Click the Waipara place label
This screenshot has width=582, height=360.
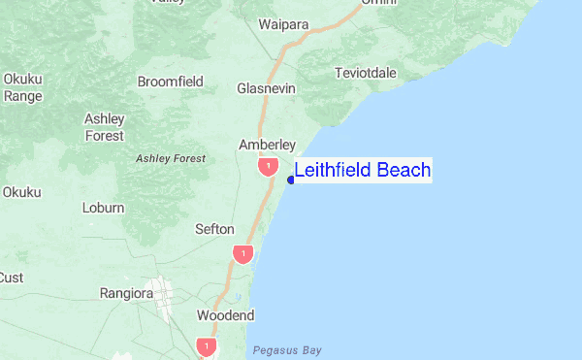click(283, 24)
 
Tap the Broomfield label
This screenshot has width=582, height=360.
click(171, 82)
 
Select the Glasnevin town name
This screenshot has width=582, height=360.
click(267, 88)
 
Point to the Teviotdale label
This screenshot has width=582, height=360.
click(365, 74)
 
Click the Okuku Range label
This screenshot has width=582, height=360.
click(21, 87)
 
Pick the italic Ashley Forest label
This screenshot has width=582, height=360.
click(171, 158)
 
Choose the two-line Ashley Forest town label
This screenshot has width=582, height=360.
click(105, 127)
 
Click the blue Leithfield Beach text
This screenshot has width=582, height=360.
click(362, 171)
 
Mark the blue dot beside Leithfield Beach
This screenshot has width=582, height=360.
click(292, 180)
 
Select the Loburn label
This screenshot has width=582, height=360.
click(103, 208)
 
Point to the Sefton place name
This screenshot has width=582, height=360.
click(214, 229)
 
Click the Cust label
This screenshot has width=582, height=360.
click(11, 278)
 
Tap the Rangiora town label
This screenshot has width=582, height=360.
click(128, 293)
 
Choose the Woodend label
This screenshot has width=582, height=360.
click(225, 315)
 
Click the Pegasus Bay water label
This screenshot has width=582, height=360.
click(286, 350)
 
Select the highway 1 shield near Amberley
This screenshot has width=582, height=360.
click(268, 167)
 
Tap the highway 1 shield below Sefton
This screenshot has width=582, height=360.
click(242, 253)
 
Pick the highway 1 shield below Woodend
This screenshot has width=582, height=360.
click(206, 345)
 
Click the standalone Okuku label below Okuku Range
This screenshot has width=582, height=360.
click(21, 192)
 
